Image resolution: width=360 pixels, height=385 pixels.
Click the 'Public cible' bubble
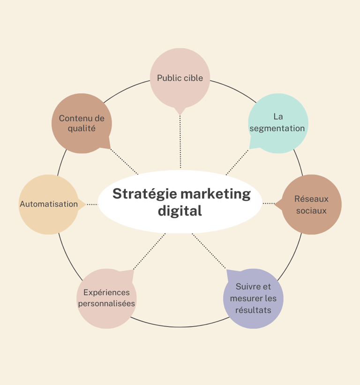(x=180, y=78)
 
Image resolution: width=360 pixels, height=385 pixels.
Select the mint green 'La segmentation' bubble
(x=277, y=123)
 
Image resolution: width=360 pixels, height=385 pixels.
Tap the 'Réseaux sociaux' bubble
(x=311, y=205)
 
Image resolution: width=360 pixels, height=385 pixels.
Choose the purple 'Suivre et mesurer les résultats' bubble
(x=253, y=298)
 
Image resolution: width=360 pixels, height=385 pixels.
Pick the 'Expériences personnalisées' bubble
(x=106, y=298)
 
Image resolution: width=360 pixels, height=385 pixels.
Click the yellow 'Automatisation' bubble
(x=49, y=204)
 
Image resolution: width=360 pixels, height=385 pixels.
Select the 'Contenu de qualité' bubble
(x=82, y=123)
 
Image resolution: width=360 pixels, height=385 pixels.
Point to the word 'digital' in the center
(x=180, y=211)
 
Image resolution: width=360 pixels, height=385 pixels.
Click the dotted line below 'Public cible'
(x=180, y=141)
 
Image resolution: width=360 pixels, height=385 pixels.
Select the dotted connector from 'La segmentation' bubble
(x=238, y=162)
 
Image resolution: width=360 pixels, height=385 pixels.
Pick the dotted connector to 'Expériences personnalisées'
(x=150, y=252)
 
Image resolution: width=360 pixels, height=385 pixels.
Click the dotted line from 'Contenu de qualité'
(x=124, y=162)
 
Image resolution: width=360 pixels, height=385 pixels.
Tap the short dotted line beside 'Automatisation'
(x=92, y=204)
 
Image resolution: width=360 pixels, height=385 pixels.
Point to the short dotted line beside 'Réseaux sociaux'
(x=268, y=203)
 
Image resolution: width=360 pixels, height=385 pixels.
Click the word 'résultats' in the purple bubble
(x=253, y=310)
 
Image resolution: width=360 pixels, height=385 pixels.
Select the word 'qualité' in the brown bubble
(x=82, y=128)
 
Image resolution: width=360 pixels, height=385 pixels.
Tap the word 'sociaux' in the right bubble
(x=311, y=211)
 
